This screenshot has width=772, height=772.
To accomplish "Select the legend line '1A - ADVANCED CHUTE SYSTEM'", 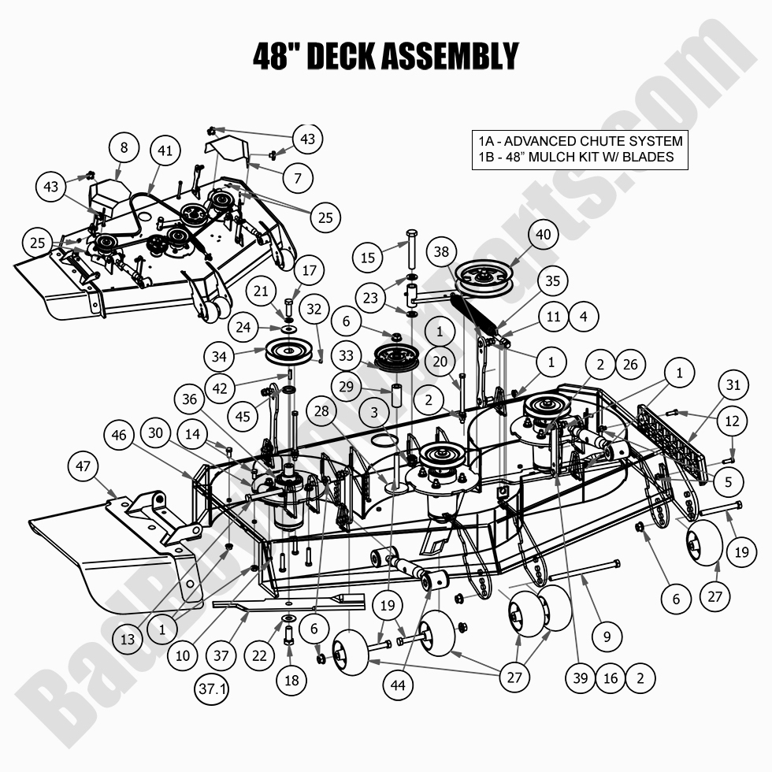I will (x=580, y=141).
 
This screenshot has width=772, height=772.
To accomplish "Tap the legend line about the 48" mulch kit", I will (x=576, y=157).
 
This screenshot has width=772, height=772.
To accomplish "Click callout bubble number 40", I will (x=544, y=235).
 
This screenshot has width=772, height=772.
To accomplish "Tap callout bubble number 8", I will (x=124, y=147).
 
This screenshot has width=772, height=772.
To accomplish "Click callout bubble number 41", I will (x=164, y=150).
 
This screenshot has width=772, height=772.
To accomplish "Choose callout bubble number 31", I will (x=733, y=385).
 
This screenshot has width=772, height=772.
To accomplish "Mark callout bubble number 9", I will (x=607, y=636).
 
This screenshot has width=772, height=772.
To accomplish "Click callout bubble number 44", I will (x=398, y=686).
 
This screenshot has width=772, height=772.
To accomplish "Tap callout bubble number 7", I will (x=298, y=179).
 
